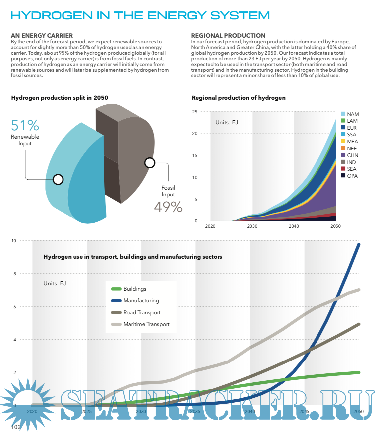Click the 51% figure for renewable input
[x=25, y=126]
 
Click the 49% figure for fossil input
[x=168, y=207]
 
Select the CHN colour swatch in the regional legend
[x=343, y=155]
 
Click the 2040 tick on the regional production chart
[x=294, y=226]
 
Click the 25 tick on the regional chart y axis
[x=195, y=112]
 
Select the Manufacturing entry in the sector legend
[x=141, y=301]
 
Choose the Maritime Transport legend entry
[x=146, y=324]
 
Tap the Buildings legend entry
[x=135, y=289]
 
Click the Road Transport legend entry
[x=142, y=313]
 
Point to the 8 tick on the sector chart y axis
[x=15, y=274]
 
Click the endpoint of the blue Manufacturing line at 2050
[x=359, y=245]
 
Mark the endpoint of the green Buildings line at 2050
[x=359, y=372]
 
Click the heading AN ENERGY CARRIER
[x=42, y=36]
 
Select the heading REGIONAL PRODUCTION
[x=228, y=36]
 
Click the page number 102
[x=16, y=427]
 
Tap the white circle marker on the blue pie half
[x=58, y=180]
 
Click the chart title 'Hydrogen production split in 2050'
[x=60, y=98]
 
